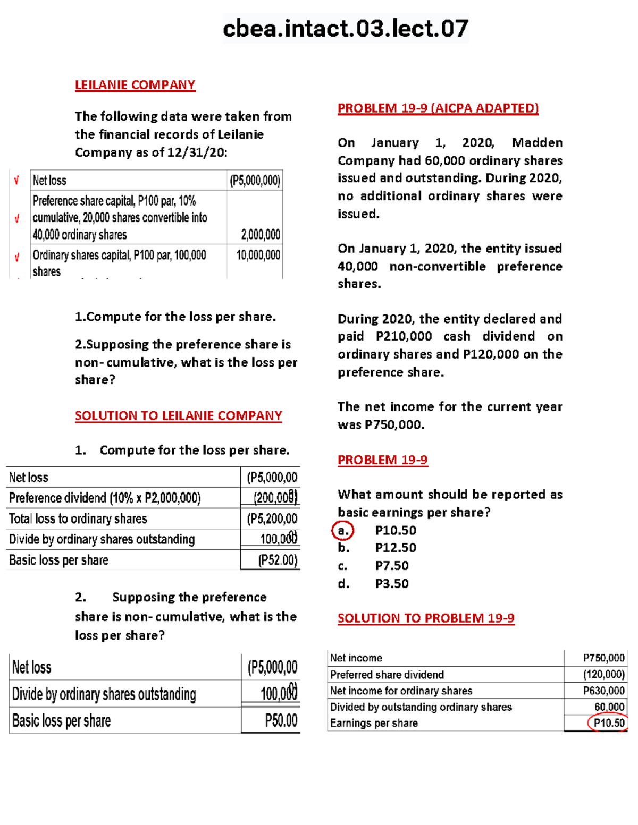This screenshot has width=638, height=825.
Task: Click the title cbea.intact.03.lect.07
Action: pos(346,28)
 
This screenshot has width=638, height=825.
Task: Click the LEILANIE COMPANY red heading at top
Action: pos(135,85)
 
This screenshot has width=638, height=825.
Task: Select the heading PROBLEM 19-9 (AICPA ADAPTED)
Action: pos(438,108)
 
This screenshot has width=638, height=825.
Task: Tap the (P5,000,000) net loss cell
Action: pos(255,181)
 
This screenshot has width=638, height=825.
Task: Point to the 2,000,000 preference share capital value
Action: pos(261,235)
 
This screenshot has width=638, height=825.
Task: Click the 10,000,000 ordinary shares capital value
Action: pos(258,255)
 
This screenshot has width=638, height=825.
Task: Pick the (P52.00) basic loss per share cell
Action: pos(278,560)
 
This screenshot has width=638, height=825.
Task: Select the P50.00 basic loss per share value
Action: pos(281,721)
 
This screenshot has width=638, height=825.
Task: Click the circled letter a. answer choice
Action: pos(343,530)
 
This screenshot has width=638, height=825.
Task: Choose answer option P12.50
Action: pos(396,548)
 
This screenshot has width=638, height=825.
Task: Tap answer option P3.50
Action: pos(392,584)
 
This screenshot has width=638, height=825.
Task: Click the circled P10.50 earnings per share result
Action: pos(609,723)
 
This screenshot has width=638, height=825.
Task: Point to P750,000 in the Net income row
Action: pos(603,658)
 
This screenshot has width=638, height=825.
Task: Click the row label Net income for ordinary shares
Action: pos(401,691)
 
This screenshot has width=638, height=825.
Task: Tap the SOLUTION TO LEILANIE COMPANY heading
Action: pos(178,415)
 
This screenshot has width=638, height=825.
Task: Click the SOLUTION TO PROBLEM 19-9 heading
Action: pos(426,618)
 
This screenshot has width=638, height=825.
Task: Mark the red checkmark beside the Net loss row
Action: pos(16,181)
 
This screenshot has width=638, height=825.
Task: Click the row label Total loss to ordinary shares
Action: pos(78,519)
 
